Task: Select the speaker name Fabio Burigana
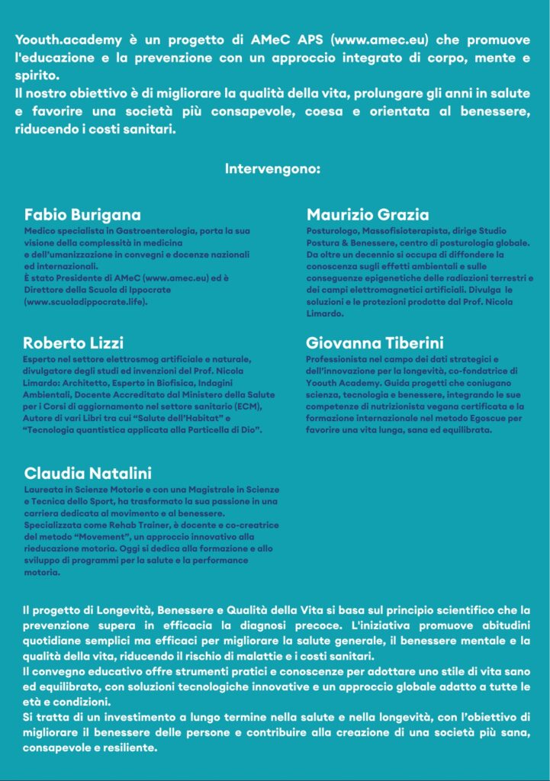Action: point(82,214)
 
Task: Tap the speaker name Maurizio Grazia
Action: point(368,214)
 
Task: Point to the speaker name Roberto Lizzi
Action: point(73,342)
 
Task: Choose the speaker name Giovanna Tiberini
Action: point(375,342)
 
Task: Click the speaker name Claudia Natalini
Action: point(87,472)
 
